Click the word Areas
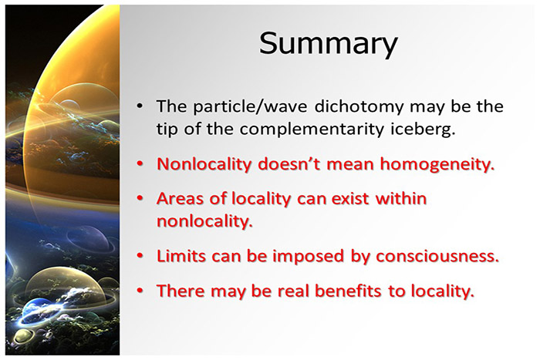pyautogui.click(x=181, y=198)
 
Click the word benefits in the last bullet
pyautogui.click(x=346, y=291)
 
